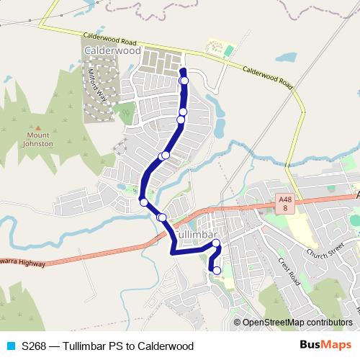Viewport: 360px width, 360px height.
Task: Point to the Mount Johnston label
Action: point(40,140)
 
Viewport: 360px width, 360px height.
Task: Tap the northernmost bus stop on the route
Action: point(184,81)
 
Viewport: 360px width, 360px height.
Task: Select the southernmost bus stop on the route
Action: point(217,270)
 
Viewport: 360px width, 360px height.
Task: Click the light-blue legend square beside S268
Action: point(10,346)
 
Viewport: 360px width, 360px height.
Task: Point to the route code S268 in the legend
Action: point(34,346)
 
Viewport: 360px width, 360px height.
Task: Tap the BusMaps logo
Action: point(330,346)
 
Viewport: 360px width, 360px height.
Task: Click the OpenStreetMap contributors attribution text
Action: point(297,323)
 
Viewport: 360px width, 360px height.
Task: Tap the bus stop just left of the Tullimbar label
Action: point(162,217)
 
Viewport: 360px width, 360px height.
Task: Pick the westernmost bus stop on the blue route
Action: point(144,202)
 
